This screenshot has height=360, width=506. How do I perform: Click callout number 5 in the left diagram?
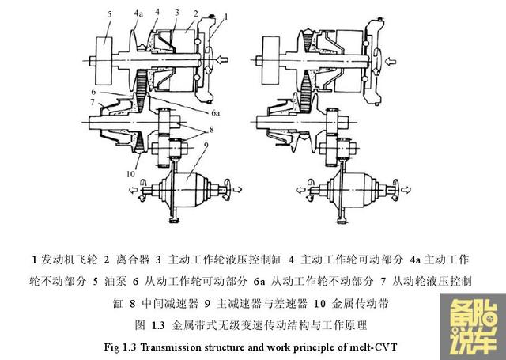point(109,14)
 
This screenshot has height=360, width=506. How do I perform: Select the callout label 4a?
point(138,13)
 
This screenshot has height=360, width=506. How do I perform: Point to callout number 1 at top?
point(225,17)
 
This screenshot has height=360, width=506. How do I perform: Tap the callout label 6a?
point(216,112)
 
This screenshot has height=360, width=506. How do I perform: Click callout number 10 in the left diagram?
point(130,174)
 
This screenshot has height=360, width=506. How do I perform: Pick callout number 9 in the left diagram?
point(206,146)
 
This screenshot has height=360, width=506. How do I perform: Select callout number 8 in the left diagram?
point(211,130)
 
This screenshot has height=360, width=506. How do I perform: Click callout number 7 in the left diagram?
point(93,102)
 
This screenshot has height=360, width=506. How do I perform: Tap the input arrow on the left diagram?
point(222,59)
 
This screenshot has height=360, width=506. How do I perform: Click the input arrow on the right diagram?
point(391,61)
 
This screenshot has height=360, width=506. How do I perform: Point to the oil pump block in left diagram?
point(104,61)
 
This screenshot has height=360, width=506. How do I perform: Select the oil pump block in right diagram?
point(270,60)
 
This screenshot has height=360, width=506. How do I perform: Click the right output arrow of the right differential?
point(406,190)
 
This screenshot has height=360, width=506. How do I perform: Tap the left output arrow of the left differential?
point(133,190)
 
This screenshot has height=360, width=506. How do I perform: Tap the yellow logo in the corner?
point(473,327)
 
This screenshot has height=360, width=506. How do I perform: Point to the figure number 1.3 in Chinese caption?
point(158,325)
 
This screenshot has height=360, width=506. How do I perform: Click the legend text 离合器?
point(133,260)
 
